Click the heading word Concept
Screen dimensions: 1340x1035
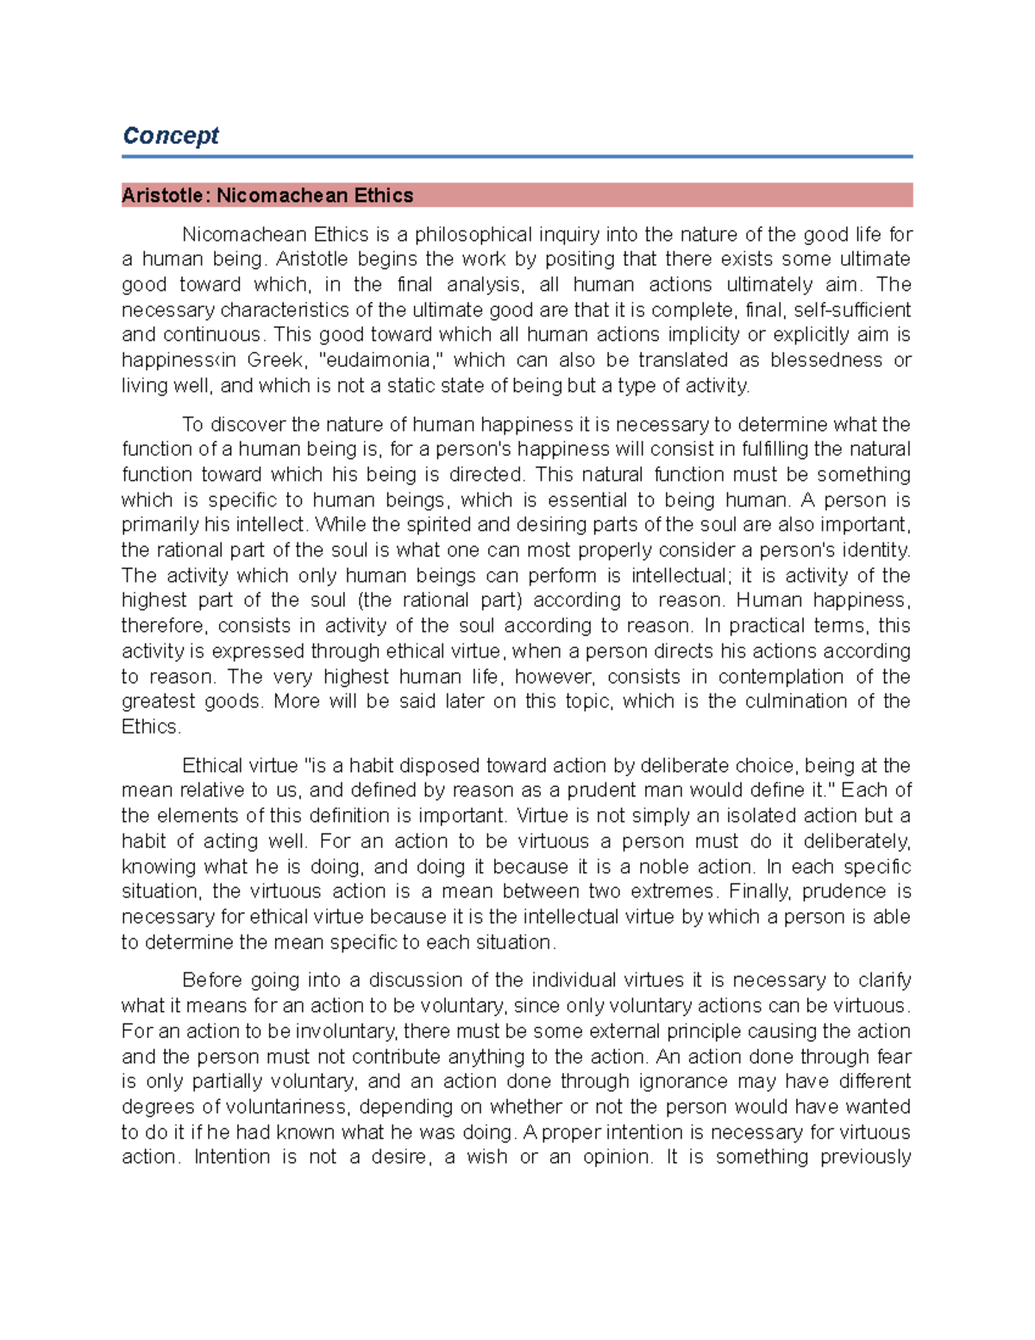pos(171,135)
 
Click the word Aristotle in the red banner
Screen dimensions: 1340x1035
pos(162,196)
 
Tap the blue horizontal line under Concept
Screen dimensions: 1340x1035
pos(517,157)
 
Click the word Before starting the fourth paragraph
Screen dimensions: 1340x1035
pos(211,980)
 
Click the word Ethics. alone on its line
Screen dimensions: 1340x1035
pos(152,727)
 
